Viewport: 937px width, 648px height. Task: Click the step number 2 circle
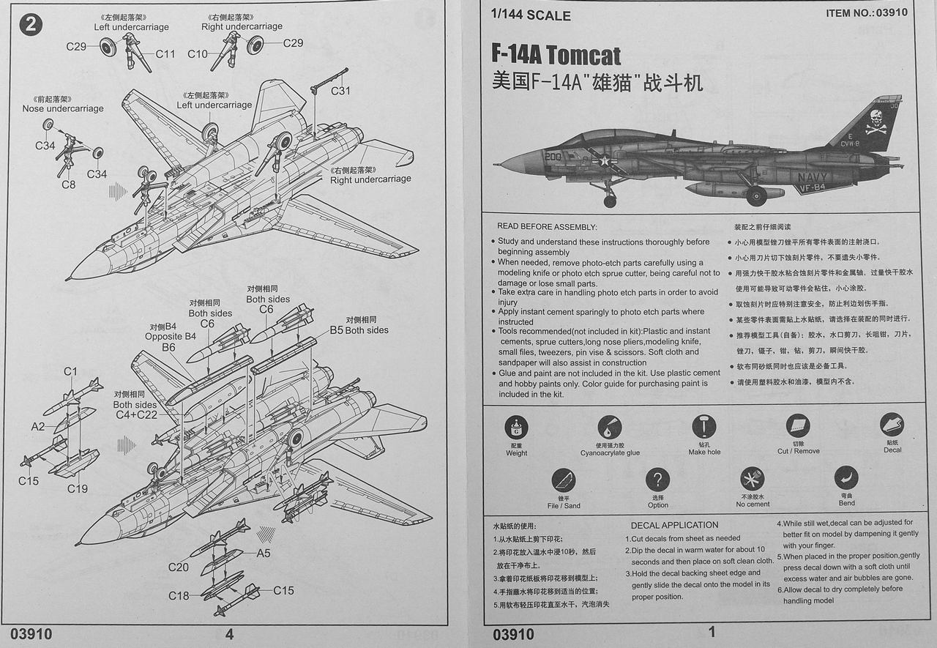[x=31, y=25]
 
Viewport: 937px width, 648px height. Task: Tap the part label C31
[x=340, y=91]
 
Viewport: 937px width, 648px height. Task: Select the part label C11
[x=165, y=53]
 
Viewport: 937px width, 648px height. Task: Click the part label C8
[x=68, y=185]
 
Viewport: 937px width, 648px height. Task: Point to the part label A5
[x=264, y=554]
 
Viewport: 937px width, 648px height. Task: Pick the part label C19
[x=78, y=488]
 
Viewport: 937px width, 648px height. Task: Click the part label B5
[x=336, y=330]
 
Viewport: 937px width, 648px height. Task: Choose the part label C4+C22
[x=136, y=414]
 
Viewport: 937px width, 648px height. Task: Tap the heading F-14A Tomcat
[x=556, y=55]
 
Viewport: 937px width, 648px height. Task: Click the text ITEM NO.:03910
[x=866, y=12]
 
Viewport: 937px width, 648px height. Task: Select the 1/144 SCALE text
[x=531, y=15]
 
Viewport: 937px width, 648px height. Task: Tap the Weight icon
[x=516, y=428]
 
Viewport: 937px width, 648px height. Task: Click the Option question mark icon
[x=657, y=481]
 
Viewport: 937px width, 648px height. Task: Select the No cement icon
[x=752, y=480]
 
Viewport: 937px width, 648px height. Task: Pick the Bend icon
[x=846, y=479]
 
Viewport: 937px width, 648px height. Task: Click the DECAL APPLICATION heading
[x=674, y=525]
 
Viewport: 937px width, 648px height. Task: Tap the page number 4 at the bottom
[x=229, y=635]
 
